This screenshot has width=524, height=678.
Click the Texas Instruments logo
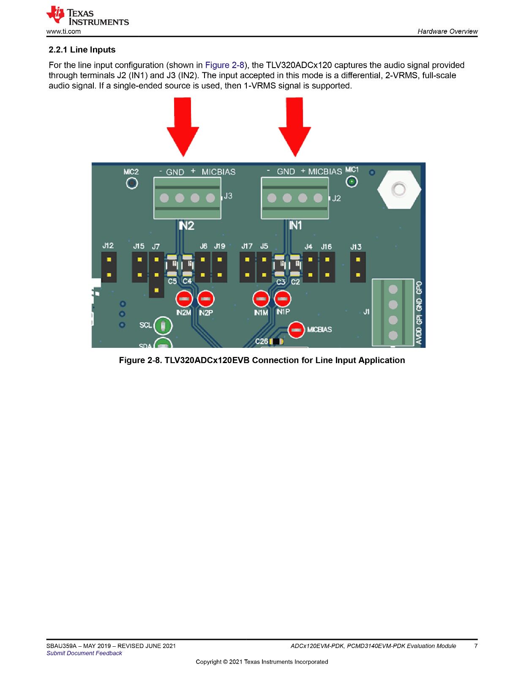pyautogui.click(x=87, y=15)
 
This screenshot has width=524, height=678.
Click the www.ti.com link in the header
pyautogui.click(x=63, y=32)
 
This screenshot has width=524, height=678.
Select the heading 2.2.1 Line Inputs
pyautogui.click(x=82, y=49)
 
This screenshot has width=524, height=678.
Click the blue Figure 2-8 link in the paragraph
pyautogui.click(x=224, y=65)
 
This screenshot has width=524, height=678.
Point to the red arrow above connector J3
pyautogui.click(x=183, y=127)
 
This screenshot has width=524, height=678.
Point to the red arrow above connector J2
pyautogui.click(x=295, y=127)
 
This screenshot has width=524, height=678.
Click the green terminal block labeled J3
pyautogui.click(x=187, y=198)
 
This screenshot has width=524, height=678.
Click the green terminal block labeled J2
pyautogui.click(x=295, y=198)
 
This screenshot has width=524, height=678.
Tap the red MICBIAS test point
pyautogui.click(x=296, y=330)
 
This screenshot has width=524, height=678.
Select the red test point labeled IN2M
pyautogui.click(x=184, y=299)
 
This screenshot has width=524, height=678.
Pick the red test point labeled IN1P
pyautogui.click(x=283, y=299)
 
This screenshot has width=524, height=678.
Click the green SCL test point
pyautogui.click(x=163, y=326)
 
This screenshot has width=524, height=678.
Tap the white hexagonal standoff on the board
pyautogui.click(x=399, y=189)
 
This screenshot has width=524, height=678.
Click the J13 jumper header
pyautogui.click(x=358, y=267)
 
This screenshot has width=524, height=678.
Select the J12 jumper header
pyautogui.click(x=109, y=267)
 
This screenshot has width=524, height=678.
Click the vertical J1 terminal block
pyautogui.click(x=393, y=312)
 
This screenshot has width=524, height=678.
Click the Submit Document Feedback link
pyautogui.click(x=84, y=653)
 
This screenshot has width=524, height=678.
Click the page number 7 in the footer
pyautogui.click(x=476, y=645)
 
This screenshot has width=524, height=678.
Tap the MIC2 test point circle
pyautogui.click(x=132, y=183)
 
